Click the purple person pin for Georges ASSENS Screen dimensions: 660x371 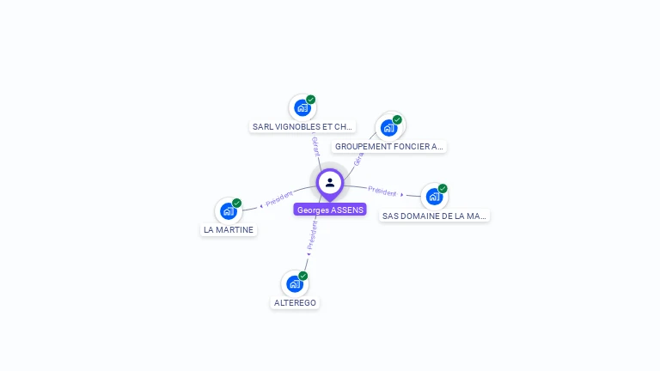click(x=330, y=182)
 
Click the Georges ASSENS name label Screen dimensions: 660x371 click(x=330, y=210)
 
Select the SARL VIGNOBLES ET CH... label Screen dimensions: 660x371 click(x=302, y=126)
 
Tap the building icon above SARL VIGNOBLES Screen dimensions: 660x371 click(x=302, y=107)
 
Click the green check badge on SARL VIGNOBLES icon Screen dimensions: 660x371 click(x=311, y=100)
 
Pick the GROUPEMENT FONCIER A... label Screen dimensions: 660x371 click(x=389, y=147)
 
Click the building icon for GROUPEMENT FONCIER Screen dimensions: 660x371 click(x=388, y=128)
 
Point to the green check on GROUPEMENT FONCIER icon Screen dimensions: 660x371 click(x=397, y=120)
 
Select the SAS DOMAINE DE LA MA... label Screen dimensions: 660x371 click(x=434, y=216)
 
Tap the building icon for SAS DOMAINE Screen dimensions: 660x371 click(x=434, y=197)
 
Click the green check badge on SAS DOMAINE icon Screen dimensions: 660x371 click(x=443, y=189)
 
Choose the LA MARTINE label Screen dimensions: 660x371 click(x=229, y=230)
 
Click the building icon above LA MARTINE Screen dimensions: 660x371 click(x=228, y=211)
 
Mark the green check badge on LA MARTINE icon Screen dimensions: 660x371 click(x=237, y=204)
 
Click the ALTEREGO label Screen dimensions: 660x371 click(x=295, y=303)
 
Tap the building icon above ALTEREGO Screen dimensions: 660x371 click(x=295, y=283)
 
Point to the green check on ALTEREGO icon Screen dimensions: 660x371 click(x=303, y=276)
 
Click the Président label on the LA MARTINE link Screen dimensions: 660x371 click(x=279, y=199)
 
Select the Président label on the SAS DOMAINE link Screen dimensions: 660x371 click(x=382, y=192)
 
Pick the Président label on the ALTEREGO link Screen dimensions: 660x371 click(x=312, y=234)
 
